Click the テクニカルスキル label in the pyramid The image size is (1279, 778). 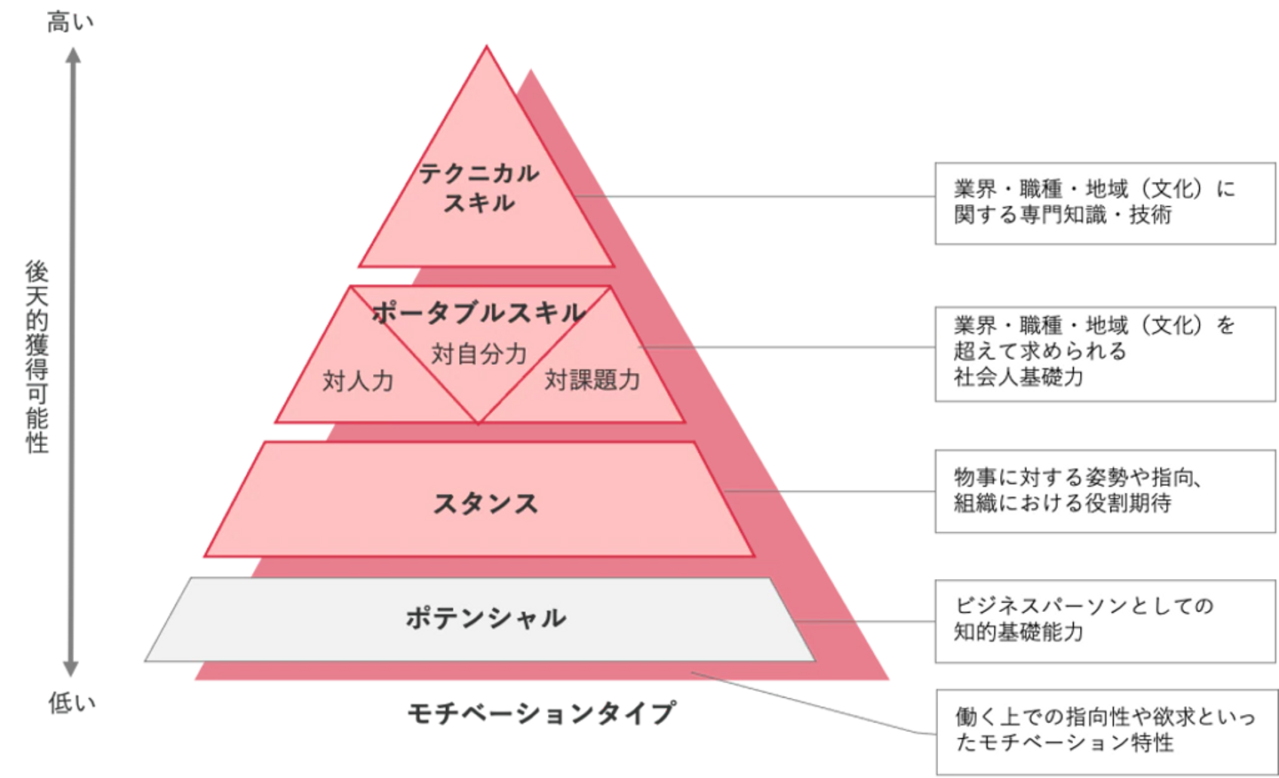click(479, 187)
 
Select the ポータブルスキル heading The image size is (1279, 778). click(479, 313)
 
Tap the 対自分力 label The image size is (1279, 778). click(479, 354)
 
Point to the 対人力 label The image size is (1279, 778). click(357, 382)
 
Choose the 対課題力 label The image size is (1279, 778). click(592, 380)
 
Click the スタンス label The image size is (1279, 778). click(485, 504)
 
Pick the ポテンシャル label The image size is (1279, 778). click(485, 617)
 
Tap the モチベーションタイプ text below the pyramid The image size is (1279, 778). click(541, 712)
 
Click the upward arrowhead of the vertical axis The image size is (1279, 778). click(73, 56)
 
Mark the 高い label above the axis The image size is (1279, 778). click(70, 24)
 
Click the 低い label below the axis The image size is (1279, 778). click(72, 704)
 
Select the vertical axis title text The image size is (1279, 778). click(36, 355)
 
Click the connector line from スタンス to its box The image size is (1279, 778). click(826, 491)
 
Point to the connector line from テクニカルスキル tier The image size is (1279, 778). click(755, 196)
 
